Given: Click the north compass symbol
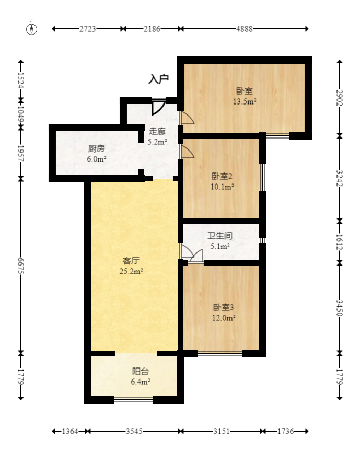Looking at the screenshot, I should tap(32, 29).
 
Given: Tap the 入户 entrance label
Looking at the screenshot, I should tap(159, 79).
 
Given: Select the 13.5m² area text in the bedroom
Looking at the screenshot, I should tap(245, 102).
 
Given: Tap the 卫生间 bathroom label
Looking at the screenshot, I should tap(219, 236).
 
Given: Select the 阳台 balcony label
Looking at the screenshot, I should tap(140, 372).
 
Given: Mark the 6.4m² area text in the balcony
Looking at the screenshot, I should tap(141, 382).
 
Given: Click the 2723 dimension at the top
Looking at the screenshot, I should tap(88, 29).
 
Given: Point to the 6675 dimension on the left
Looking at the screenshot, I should tap(21, 267).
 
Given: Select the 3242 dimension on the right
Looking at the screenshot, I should tap(340, 178).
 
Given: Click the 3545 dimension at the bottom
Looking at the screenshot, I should tap(134, 432).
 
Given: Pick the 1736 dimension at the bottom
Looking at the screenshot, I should tap(285, 432).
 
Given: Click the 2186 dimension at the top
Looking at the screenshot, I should tap(152, 29).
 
